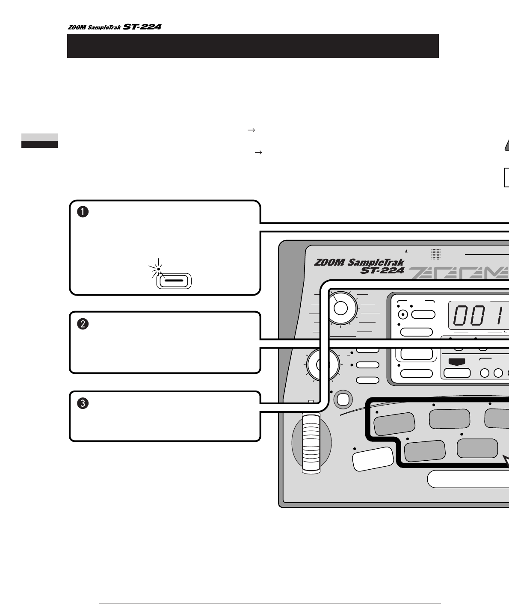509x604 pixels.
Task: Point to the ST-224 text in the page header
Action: (142, 27)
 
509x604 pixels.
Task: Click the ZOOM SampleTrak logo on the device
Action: (359, 266)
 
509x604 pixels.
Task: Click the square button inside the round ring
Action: (343, 399)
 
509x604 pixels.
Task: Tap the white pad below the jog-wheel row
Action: (373, 459)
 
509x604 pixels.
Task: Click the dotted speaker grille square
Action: (436, 254)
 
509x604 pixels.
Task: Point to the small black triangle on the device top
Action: (407, 252)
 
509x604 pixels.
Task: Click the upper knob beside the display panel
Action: (341, 308)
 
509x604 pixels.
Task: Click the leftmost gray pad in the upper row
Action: (394, 423)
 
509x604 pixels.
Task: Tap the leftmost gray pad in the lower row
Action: (425, 451)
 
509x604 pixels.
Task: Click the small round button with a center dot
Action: (402, 315)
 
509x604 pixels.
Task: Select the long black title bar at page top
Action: (253, 46)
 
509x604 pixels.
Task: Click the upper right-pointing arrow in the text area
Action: (251, 130)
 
